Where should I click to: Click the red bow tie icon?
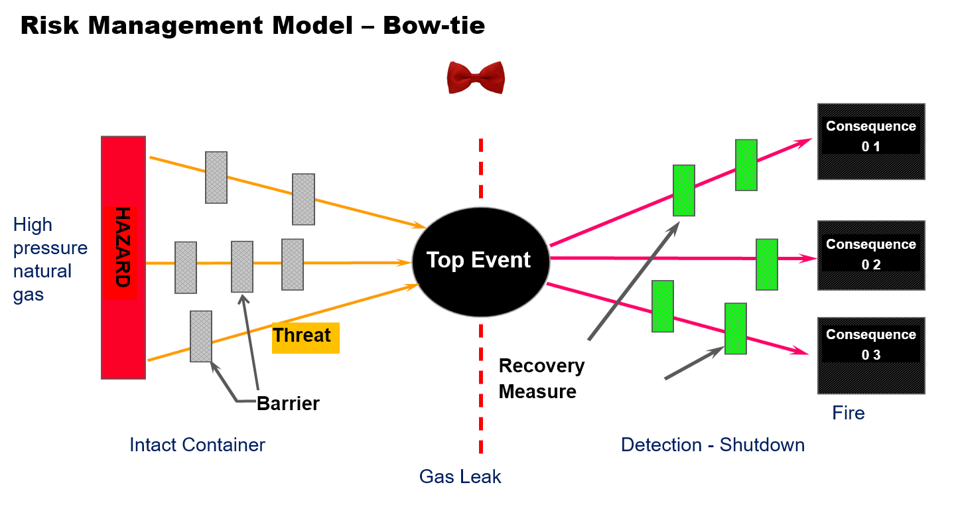(x=478, y=79)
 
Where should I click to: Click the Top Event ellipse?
(x=480, y=261)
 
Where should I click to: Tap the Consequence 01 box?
(x=870, y=141)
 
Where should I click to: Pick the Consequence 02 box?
(x=870, y=255)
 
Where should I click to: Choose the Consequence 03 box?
(x=870, y=355)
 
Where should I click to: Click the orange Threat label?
(x=305, y=336)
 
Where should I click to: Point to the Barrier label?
(x=289, y=404)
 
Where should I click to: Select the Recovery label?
(x=542, y=366)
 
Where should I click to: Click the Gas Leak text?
(x=460, y=477)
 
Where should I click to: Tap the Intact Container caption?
(x=198, y=445)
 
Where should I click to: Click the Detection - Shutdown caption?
(x=713, y=445)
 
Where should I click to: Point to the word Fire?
(x=849, y=413)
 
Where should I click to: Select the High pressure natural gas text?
(x=50, y=259)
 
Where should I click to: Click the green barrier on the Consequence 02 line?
(x=767, y=264)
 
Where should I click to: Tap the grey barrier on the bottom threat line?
(x=201, y=336)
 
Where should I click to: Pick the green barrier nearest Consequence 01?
(x=746, y=165)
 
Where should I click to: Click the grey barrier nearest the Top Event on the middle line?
(x=293, y=264)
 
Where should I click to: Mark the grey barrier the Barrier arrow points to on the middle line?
(x=242, y=266)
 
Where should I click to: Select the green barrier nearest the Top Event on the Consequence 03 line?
(x=663, y=306)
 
